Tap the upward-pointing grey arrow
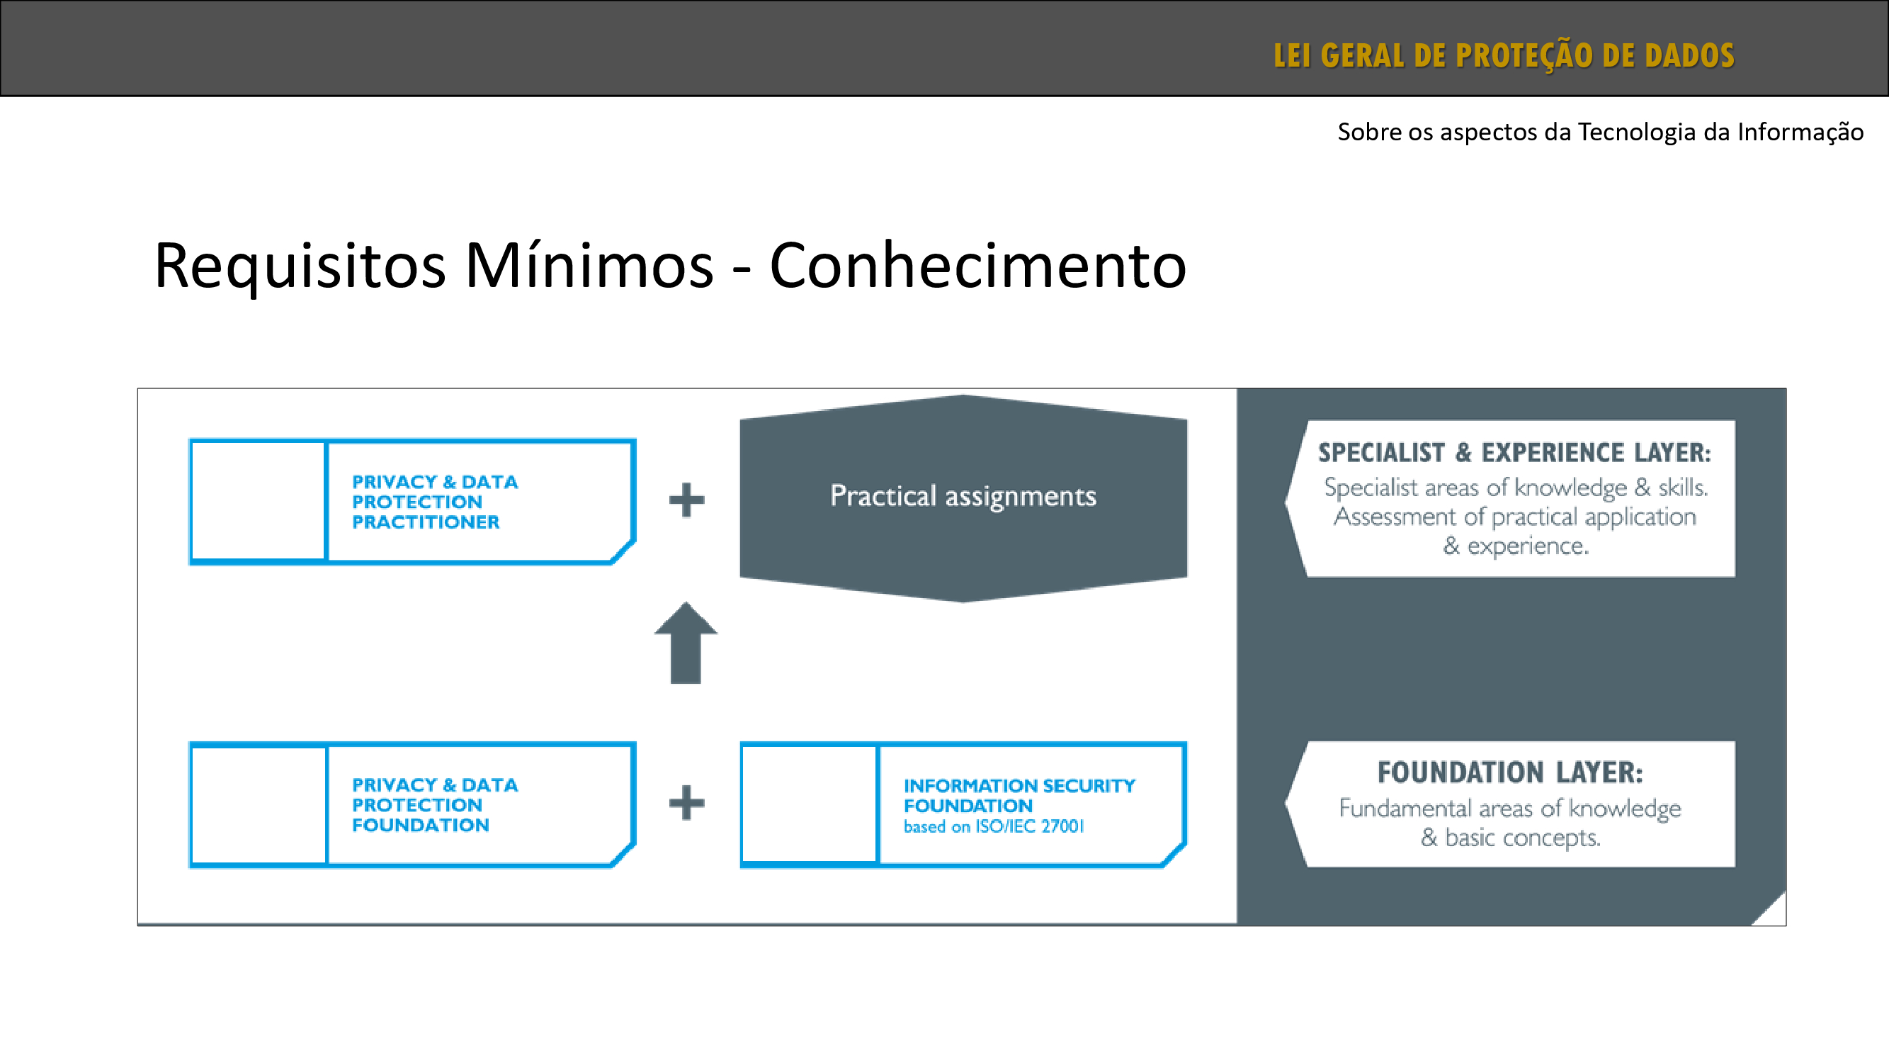tap(686, 643)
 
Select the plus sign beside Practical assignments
tap(686, 500)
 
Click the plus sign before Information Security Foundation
tap(686, 803)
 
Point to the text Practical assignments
tap(963, 496)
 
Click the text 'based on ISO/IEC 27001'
tap(994, 827)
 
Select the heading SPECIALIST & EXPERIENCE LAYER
tap(1514, 453)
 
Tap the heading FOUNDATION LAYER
tap(1510, 772)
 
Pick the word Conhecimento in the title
tap(977, 266)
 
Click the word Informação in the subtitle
tap(1800, 132)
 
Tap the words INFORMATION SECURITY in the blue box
tap(1019, 786)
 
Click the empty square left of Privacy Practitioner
tap(258, 501)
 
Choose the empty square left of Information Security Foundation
tap(810, 804)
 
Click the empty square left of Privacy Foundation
tap(258, 804)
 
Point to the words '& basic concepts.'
tap(1510, 838)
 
